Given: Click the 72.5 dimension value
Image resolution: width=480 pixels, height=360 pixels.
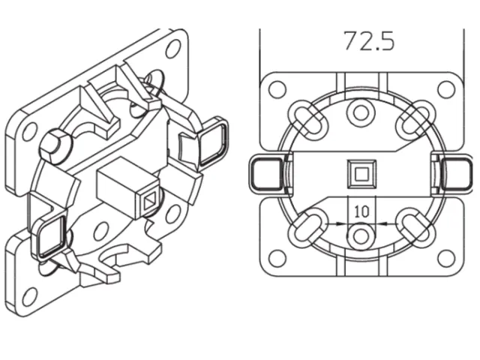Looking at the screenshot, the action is [x=369, y=41].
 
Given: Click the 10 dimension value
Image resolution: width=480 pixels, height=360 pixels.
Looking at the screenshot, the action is [x=361, y=211].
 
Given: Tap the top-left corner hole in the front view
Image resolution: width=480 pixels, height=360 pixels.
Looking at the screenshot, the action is [x=277, y=90].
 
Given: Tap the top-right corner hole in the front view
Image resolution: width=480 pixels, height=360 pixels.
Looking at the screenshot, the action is [x=446, y=90].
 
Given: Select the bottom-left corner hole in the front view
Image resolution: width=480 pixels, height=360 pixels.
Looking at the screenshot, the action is [x=277, y=259].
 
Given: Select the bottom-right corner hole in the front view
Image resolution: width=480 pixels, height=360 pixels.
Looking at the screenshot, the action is [x=446, y=259].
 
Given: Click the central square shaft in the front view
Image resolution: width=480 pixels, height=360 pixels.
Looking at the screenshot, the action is [x=361, y=174].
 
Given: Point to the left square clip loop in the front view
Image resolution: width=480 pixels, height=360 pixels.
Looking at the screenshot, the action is [x=265, y=174].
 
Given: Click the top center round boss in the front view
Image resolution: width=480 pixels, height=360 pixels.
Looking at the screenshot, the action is [x=361, y=112].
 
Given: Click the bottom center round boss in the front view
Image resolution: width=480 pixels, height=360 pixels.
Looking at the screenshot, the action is [x=361, y=236].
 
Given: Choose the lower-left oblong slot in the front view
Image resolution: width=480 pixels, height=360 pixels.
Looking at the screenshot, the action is [x=307, y=228].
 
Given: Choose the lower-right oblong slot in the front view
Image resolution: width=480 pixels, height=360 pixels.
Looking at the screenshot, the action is [x=415, y=228].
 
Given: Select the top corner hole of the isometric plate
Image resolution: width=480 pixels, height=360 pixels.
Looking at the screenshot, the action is [x=173, y=49].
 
